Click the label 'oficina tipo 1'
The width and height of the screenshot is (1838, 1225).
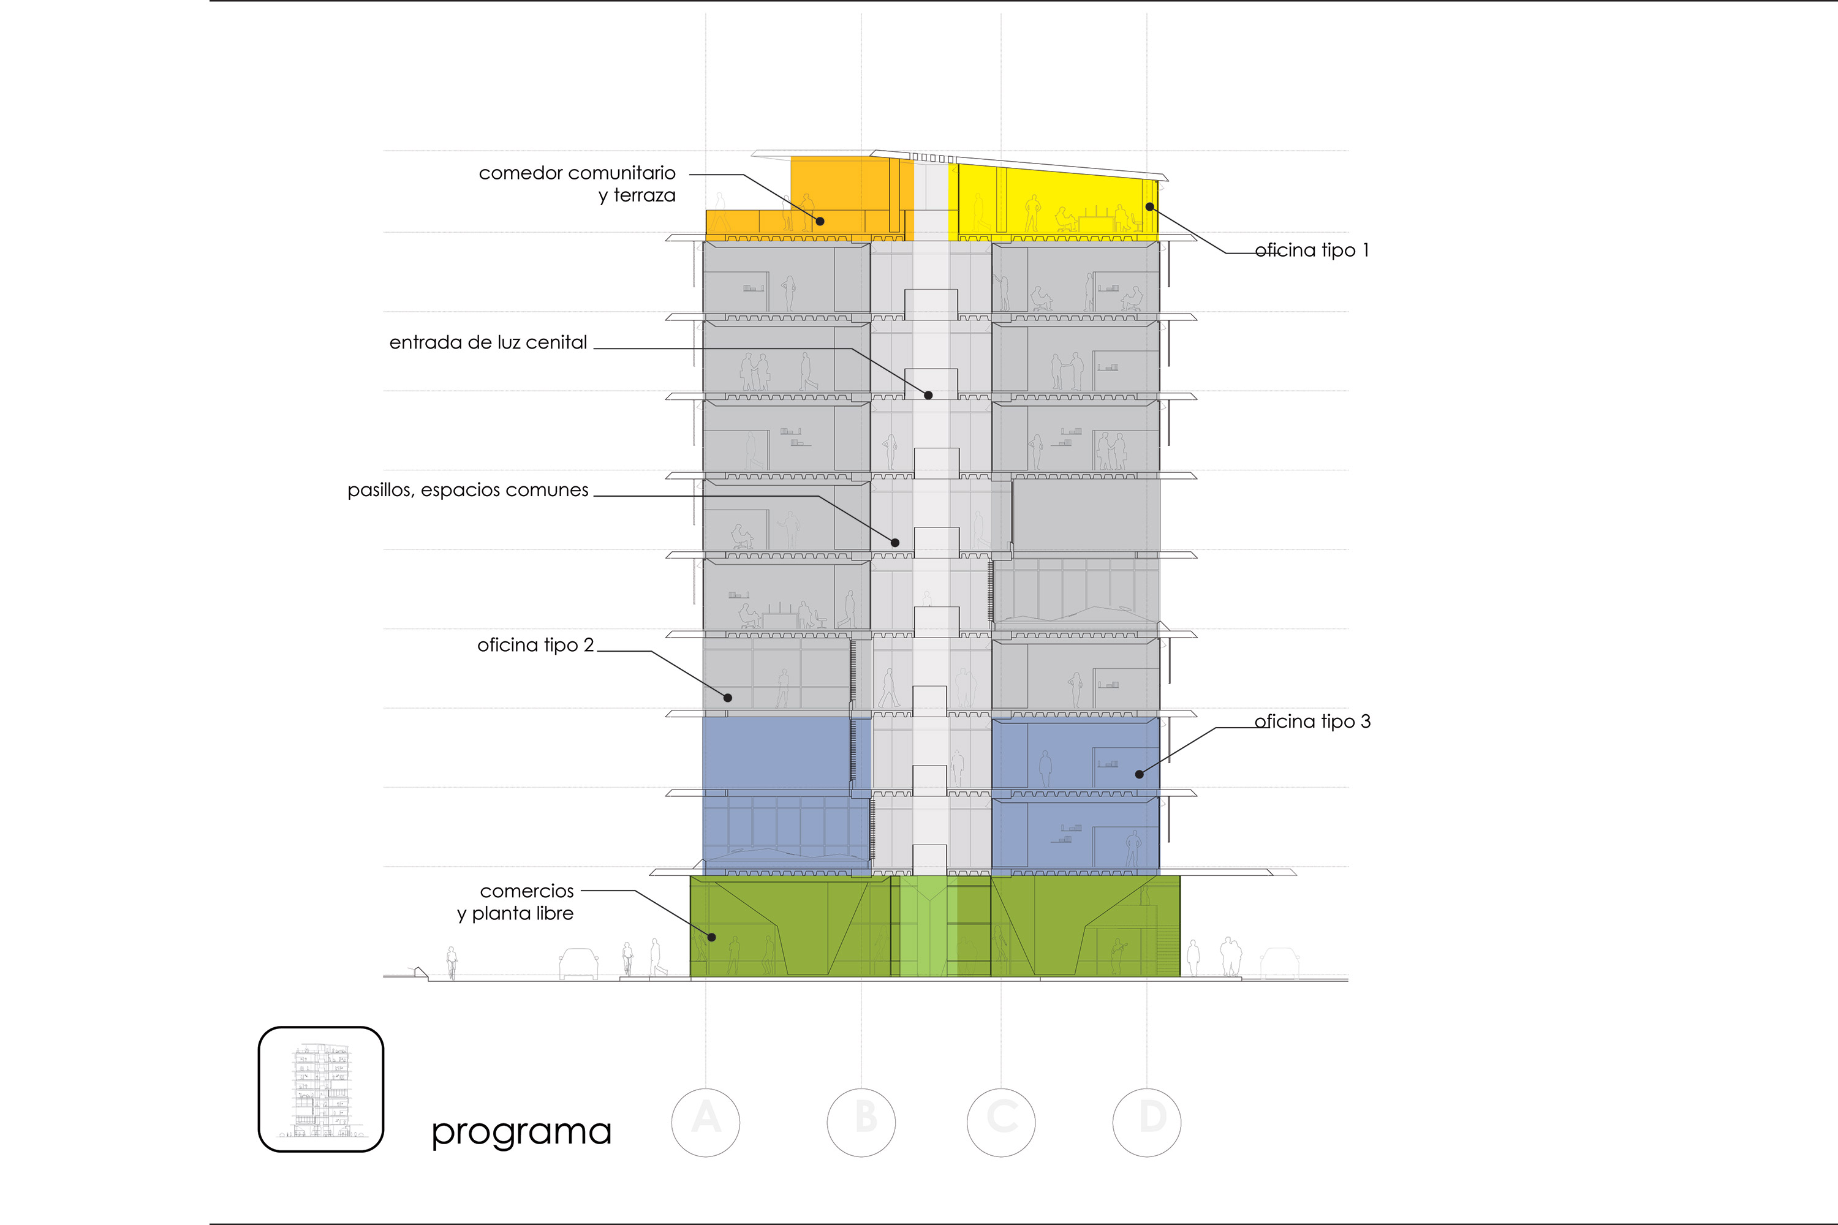pyautogui.click(x=1312, y=250)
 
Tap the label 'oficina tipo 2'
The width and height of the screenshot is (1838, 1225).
pyautogui.click(x=535, y=644)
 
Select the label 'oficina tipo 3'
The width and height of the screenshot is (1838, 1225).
pyautogui.click(x=1313, y=721)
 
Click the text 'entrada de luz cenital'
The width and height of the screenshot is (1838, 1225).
pyautogui.click(x=488, y=342)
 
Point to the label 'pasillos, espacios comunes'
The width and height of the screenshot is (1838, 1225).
pyautogui.click(x=468, y=490)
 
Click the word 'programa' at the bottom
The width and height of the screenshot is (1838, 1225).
pyautogui.click(x=521, y=1133)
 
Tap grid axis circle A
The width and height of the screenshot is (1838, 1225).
pyautogui.click(x=706, y=1122)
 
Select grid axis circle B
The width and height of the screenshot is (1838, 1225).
pyautogui.click(x=861, y=1122)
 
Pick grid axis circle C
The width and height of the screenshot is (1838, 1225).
pyautogui.click(x=1001, y=1122)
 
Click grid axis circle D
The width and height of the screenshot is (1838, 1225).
pyautogui.click(x=1146, y=1122)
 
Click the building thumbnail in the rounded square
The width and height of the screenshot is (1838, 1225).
pyautogui.click(x=321, y=1089)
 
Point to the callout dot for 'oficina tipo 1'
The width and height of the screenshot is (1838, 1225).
pyautogui.click(x=1149, y=206)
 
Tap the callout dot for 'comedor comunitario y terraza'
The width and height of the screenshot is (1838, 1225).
pyautogui.click(x=820, y=221)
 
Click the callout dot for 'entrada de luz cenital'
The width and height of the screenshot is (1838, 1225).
pyautogui.click(x=928, y=395)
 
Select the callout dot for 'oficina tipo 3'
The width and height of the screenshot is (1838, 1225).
pyautogui.click(x=1140, y=774)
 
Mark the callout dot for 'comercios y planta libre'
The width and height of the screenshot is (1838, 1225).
pyautogui.click(x=712, y=937)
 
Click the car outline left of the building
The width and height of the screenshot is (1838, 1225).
pyautogui.click(x=578, y=964)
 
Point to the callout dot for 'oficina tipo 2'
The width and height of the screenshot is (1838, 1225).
pyautogui.click(x=728, y=698)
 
